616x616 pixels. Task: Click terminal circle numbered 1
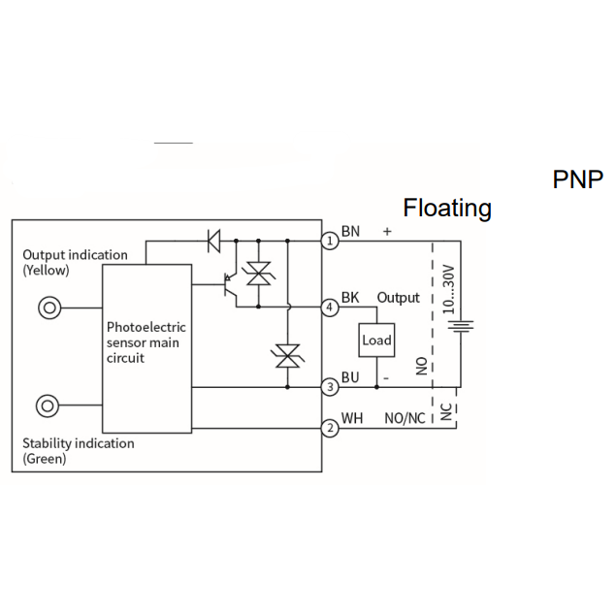[330, 241]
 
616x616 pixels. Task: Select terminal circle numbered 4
[330, 307]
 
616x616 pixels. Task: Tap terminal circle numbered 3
[330, 387]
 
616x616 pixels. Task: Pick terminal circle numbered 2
[330, 428]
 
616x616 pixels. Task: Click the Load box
[376, 340]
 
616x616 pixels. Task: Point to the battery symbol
[461, 327]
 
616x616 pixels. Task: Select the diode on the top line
[213, 241]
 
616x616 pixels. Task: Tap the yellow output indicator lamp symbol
[49, 308]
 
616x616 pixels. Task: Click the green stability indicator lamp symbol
[48, 405]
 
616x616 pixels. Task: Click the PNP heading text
[577, 179]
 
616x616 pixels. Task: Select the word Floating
[447, 209]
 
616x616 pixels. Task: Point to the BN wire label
[350, 232]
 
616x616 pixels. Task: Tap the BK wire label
[350, 298]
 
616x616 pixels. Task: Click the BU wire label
[350, 377]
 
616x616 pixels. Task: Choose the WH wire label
[351, 418]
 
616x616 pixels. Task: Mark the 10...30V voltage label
[448, 289]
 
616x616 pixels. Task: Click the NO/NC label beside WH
[405, 418]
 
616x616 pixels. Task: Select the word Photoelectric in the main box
[146, 327]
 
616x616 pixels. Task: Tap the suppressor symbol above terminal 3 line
[287, 356]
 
